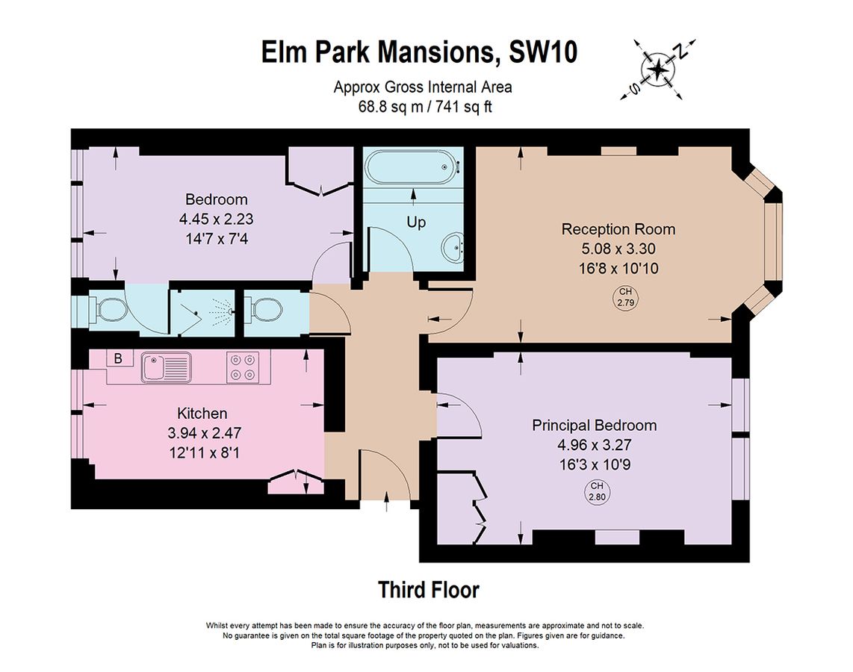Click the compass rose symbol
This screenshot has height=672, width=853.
tap(658, 69)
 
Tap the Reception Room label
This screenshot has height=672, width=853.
tap(618, 229)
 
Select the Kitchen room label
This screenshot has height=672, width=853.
tap(202, 413)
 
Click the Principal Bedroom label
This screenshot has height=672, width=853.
tap(594, 425)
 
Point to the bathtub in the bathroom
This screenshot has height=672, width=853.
tap(413, 167)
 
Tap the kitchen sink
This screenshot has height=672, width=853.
tap(166, 367)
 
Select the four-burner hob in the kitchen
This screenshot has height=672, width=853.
tap(243, 367)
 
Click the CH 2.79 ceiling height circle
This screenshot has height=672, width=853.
tap(626, 298)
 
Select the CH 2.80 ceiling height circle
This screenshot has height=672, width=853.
tap(597, 491)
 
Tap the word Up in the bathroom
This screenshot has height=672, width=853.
tap(416, 223)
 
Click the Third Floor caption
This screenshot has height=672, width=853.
tap(429, 590)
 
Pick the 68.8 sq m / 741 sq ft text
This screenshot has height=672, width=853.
tap(425, 107)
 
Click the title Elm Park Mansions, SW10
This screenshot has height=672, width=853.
tap(420, 52)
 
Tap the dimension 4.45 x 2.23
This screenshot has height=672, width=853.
tap(217, 219)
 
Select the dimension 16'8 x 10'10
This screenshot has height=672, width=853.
tap(618, 268)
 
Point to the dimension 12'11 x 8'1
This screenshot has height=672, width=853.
tap(205, 452)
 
